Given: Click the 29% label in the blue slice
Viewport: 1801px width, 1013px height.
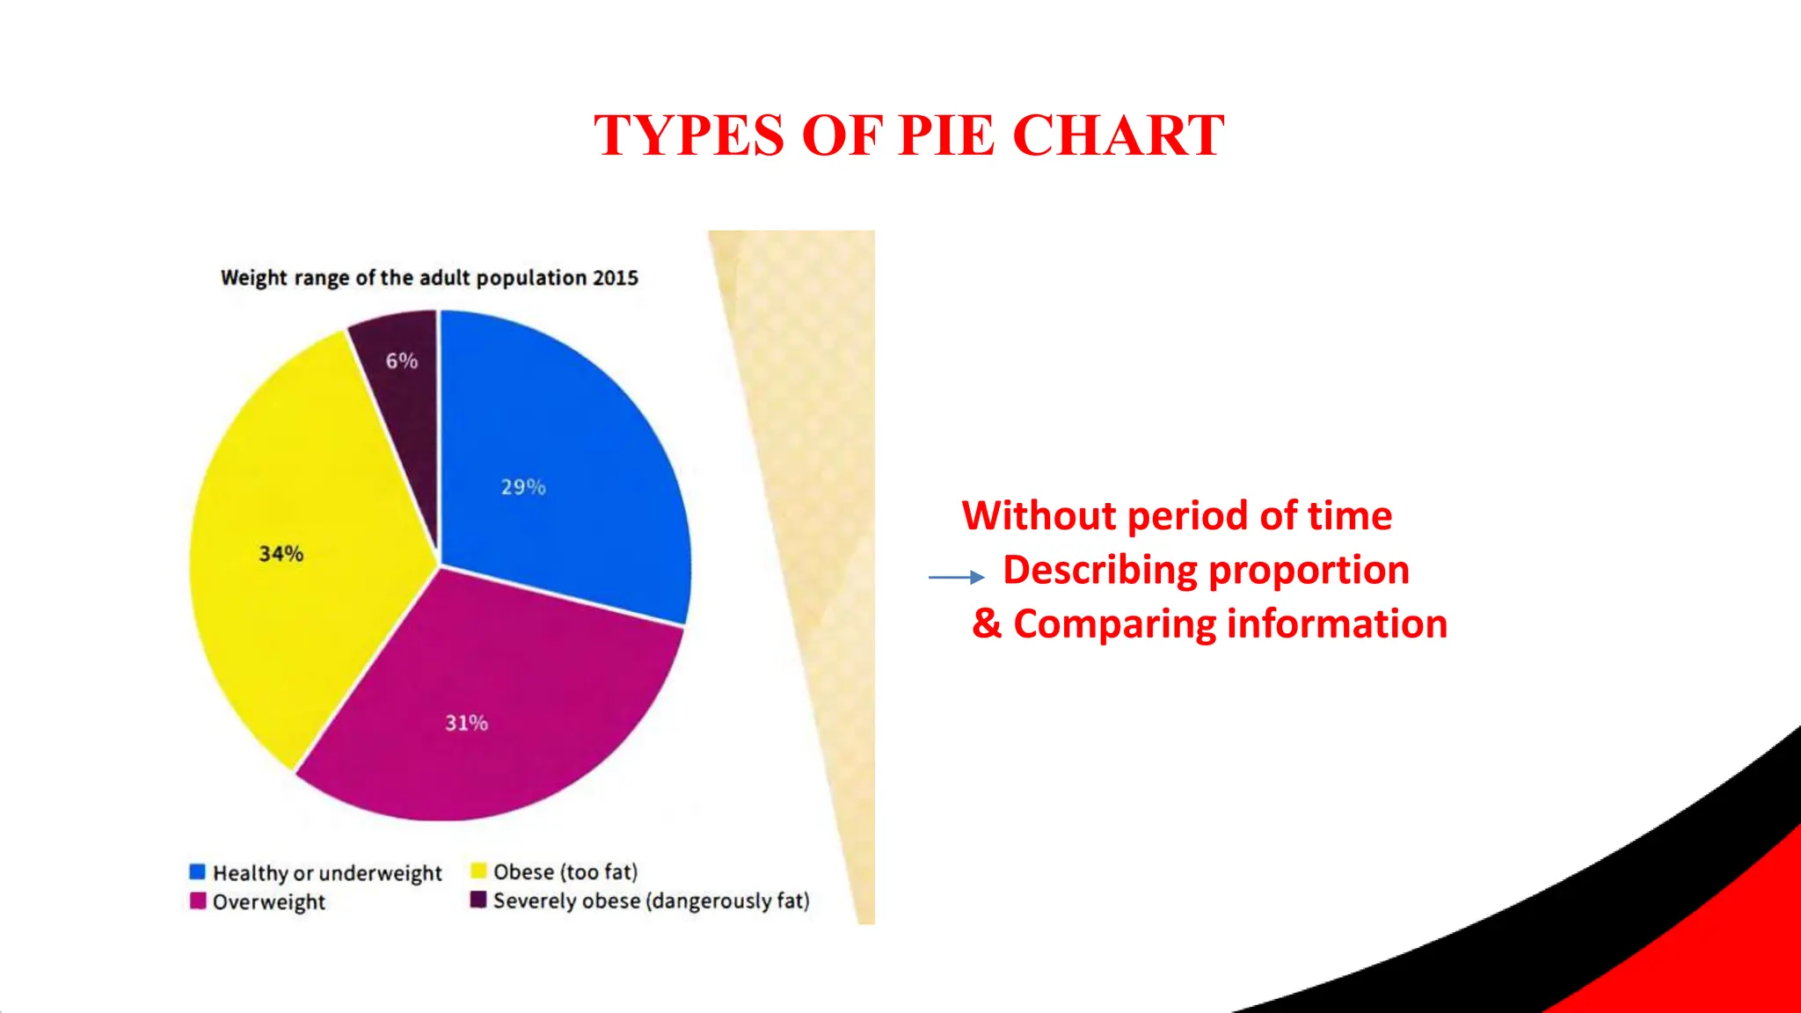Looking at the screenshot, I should point(523,487).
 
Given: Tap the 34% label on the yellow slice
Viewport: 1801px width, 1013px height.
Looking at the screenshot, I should point(281,554).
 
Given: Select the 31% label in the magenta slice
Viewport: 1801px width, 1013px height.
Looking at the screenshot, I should point(466,723).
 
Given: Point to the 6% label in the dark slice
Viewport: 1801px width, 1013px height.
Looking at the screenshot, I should point(402,361).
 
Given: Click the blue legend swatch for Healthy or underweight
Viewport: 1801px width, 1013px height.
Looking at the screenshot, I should point(198,871).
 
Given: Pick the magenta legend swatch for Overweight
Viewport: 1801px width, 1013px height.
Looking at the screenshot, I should point(198,901).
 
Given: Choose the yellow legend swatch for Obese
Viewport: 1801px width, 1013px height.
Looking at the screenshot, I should point(478,871).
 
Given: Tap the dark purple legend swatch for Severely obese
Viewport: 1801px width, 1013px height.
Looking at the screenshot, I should point(478,900).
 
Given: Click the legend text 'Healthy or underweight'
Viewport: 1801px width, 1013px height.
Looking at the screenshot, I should point(327,873).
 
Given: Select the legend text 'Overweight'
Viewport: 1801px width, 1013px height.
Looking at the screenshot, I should point(269,902).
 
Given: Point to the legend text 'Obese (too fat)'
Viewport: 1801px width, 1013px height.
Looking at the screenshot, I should point(565,871).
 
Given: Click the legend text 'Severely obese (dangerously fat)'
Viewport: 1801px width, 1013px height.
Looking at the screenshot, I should point(651,900).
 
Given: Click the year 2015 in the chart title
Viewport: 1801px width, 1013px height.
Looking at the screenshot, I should point(616,278).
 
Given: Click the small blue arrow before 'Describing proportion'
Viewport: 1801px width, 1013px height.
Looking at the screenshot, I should point(957,577).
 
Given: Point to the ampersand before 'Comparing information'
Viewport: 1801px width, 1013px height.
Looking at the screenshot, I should point(987,623).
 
